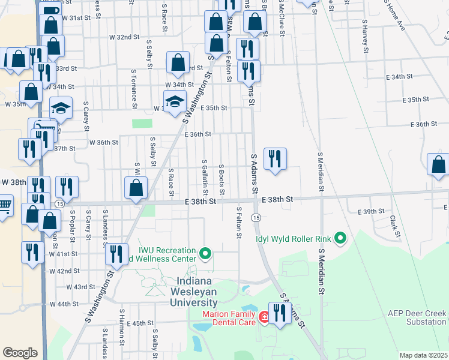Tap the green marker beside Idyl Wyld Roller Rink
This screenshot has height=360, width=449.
[x=340, y=238]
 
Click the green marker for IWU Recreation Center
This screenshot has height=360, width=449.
[x=205, y=254]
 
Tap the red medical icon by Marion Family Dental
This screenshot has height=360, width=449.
[x=264, y=315]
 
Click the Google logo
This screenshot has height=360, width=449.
[x=20, y=353]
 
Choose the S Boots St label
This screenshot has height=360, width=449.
[x=221, y=178]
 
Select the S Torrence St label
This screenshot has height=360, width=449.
[x=134, y=85]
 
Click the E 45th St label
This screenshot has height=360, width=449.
[x=140, y=323]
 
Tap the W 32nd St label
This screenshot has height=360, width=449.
[x=124, y=37]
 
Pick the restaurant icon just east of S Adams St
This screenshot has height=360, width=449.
[x=274, y=159]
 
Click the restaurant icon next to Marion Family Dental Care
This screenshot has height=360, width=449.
[x=279, y=313]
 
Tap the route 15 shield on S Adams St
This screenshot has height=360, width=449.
[x=256, y=217]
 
